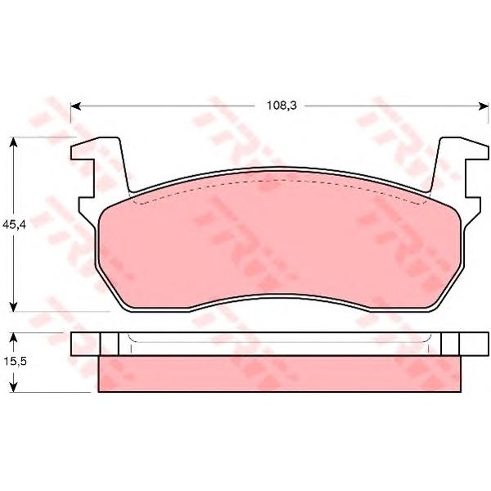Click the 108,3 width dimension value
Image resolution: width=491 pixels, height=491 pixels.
(x=282, y=106)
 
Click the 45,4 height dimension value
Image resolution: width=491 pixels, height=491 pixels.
(x=14, y=224)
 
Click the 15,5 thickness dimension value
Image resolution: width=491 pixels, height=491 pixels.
(x=16, y=362)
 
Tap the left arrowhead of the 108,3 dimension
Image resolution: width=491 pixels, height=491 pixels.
(x=76, y=106)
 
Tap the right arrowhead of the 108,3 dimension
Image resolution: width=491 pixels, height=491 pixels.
(x=483, y=106)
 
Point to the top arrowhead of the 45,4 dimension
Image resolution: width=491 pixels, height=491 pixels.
(x=13, y=142)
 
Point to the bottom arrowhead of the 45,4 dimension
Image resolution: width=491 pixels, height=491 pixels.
(x=13, y=307)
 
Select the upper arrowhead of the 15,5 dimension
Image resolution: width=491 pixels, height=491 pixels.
(x=13, y=337)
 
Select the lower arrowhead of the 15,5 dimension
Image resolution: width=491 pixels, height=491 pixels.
(x=13, y=387)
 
